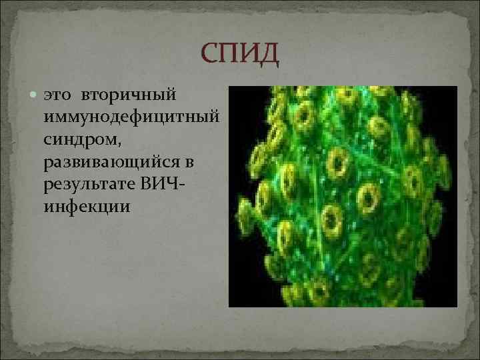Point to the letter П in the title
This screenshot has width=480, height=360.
[x=229, y=53]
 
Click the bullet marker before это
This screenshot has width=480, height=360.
[x=34, y=97]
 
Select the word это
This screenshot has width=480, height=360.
[x=57, y=98]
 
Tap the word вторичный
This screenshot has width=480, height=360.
[x=127, y=98]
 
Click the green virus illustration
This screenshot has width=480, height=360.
[x=343, y=196]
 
